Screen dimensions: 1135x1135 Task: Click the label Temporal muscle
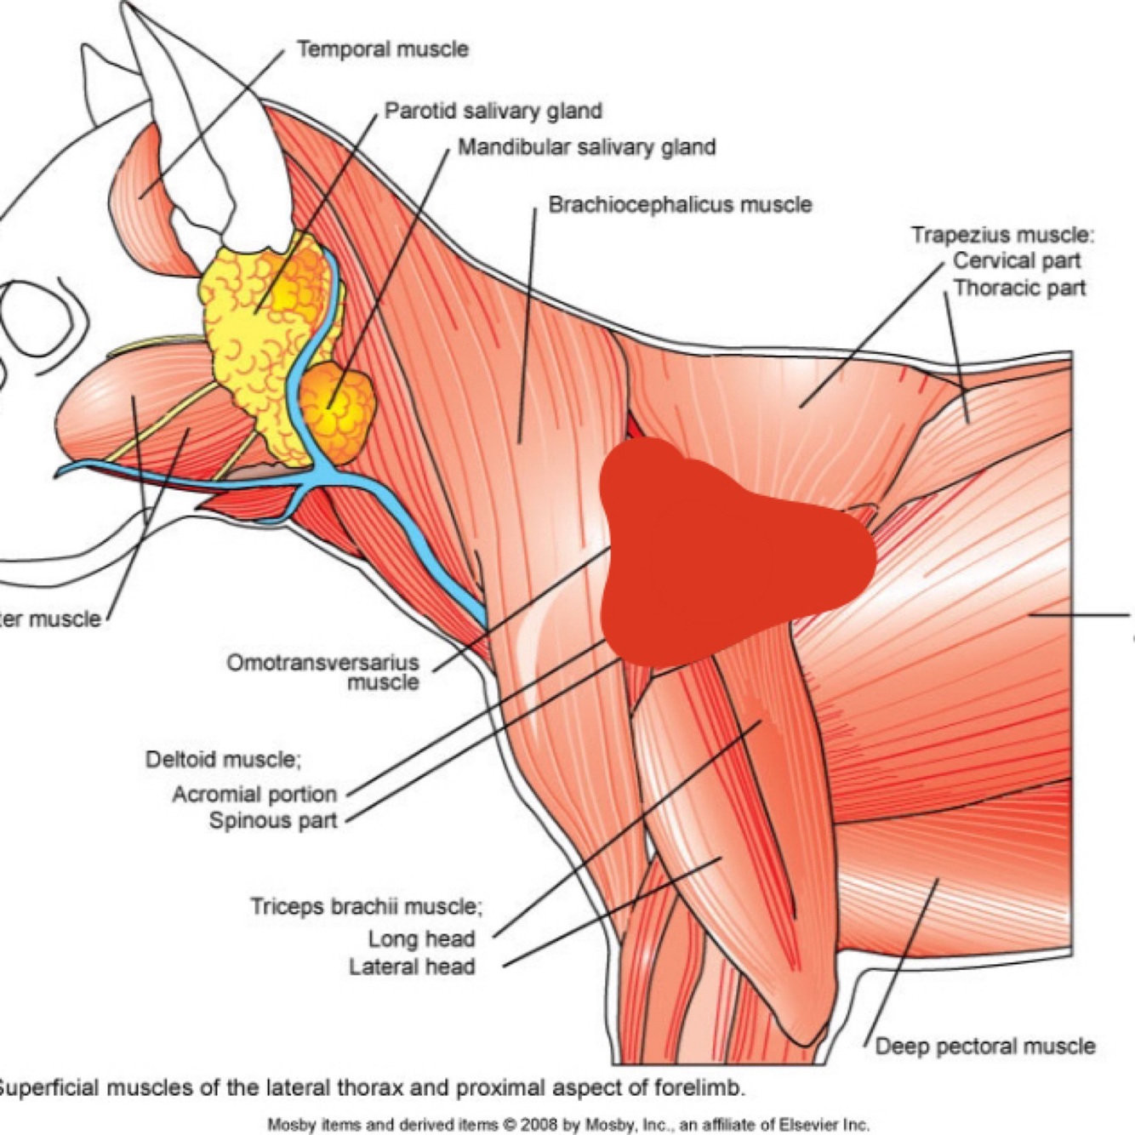pos(382,49)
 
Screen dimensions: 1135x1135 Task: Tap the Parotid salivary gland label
pos(493,111)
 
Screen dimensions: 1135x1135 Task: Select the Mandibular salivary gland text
pos(586,147)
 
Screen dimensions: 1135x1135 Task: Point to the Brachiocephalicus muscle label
pos(679,204)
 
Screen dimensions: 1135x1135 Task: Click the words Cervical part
pos(1016,260)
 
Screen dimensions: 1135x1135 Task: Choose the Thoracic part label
pos(1019,288)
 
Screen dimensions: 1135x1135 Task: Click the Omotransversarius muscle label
pos(323,671)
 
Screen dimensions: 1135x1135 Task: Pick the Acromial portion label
pos(254,794)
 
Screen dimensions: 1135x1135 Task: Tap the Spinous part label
pos(273,820)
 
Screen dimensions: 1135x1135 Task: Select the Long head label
pos(421,938)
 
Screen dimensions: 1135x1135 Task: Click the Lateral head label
pos(412,967)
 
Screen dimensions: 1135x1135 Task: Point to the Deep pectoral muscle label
pos(984,1046)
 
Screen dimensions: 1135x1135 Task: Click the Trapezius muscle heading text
pos(1001,234)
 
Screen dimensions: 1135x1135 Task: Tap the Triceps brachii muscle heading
pos(365,907)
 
